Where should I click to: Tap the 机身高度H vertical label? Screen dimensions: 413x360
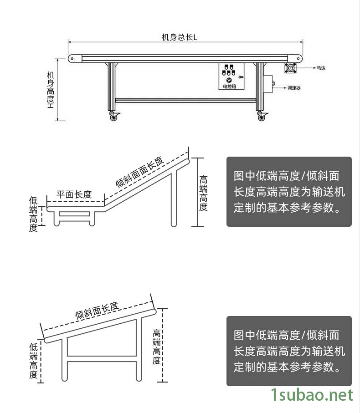(51, 90)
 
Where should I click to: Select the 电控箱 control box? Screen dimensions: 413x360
(231, 76)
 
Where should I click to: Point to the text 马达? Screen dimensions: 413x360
(321, 68)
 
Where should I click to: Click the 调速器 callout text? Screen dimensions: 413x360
(294, 88)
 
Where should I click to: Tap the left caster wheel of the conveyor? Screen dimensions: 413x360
(113, 117)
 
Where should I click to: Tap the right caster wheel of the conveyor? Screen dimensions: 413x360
(262, 117)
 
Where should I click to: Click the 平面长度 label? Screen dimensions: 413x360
(74, 194)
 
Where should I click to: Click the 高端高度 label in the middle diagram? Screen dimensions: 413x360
(204, 193)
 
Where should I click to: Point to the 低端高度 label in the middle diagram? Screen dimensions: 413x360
(33, 214)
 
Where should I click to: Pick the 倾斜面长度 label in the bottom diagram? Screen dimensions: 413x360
(97, 310)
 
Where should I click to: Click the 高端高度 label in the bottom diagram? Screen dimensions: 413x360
(156, 347)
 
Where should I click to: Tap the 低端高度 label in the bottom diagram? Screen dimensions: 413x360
(33, 361)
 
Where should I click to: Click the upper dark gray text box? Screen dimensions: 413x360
(289, 192)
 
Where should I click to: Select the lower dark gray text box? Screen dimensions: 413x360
(289, 351)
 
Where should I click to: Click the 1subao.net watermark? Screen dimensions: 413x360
(312, 395)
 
